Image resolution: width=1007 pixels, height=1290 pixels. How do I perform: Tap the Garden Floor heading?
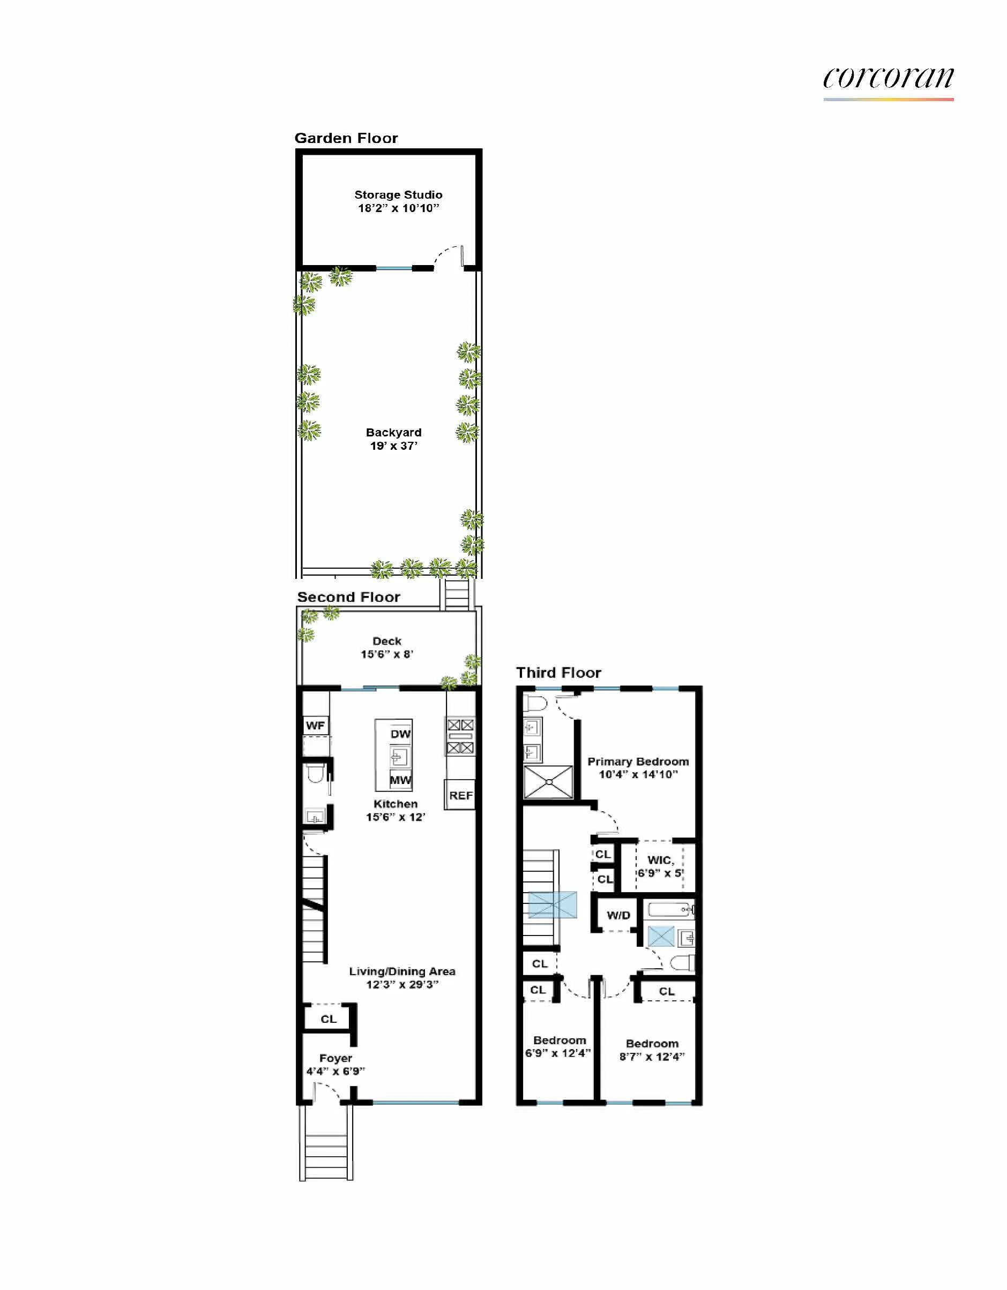(346, 138)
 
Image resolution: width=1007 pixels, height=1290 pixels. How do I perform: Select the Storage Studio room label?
(398, 201)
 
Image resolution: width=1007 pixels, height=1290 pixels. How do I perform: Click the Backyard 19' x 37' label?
(393, 439)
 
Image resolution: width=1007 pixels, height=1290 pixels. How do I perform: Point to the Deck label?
(386, 647)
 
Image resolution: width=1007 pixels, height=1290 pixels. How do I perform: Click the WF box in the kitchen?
(315, 726)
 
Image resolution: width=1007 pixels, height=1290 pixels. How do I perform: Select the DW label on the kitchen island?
(400, 734)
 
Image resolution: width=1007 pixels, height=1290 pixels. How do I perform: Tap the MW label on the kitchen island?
(400, 780)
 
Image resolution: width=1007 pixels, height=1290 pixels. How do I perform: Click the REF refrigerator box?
(460, 796)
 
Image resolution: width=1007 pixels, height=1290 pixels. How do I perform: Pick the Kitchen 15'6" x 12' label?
(396, 810)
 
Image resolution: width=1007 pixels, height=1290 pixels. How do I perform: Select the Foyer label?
(335, 1065)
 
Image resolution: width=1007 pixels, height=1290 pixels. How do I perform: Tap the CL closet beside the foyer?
(328, 1019)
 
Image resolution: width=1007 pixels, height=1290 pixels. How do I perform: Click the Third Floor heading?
(558, 673)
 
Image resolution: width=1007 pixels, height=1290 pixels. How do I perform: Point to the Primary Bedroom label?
(638, 768)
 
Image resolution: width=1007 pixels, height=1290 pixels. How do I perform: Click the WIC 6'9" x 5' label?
(660, 866)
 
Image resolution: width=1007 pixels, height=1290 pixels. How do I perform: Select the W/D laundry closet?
(618, 916)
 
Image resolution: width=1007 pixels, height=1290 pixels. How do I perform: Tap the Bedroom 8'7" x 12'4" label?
(652, 1050)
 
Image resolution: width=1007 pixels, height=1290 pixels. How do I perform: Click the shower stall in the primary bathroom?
(548, 782)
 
